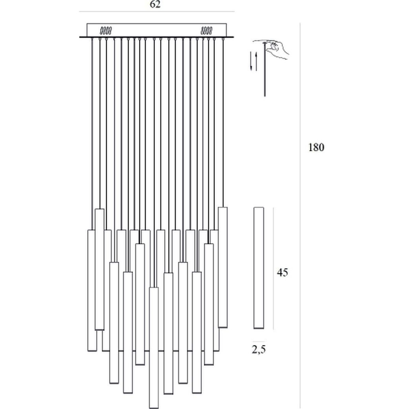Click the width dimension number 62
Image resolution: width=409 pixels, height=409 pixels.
[x=155, y=4]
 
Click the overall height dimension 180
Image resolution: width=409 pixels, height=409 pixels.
[x=316, y=147]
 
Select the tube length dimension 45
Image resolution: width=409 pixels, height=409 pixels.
[x=283, y=272]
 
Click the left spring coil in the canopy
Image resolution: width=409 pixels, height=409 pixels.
[x=106, y=31]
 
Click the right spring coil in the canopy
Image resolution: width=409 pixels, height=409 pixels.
[x=206, y=31]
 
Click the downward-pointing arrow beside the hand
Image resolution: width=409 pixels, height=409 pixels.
[x=251, y=61]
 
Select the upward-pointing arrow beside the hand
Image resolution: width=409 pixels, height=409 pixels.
[x=256, y=62]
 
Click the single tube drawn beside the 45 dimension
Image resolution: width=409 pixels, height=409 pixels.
[x=259, y=268]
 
